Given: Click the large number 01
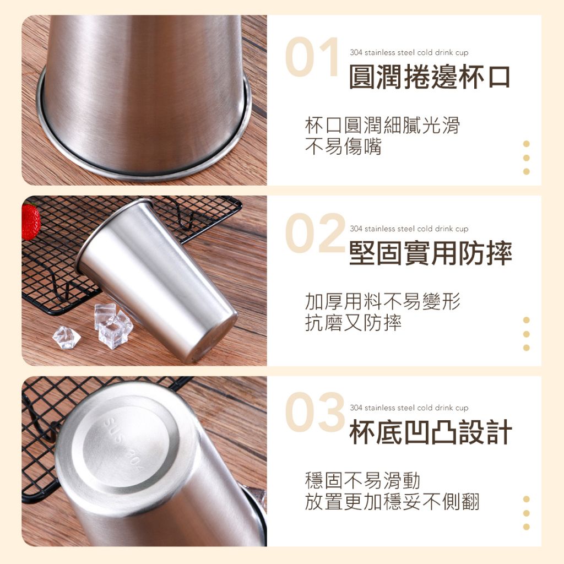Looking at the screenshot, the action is [312, 57].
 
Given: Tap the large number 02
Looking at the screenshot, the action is [315, 233].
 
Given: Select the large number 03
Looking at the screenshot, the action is [315, 412].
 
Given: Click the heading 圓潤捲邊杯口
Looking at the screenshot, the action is [430, 77].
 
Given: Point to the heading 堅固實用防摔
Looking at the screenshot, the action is [431, 253].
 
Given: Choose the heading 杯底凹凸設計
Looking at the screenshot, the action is [431, 432].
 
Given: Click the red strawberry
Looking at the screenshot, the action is [30, 221].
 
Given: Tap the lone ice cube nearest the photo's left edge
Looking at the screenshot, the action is [67, 337].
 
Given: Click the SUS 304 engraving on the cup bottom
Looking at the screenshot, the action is [124, 444].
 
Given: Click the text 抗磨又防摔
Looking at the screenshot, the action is [353, 322].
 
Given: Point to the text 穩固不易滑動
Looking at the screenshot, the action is [362, 480].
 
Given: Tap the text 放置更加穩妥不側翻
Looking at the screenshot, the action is [392, 502].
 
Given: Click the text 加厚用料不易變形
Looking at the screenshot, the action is [382, 301].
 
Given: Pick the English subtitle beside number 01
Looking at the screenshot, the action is [409, 52].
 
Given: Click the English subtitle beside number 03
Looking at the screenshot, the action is [409, 408].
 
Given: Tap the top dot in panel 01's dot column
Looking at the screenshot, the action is [526, 144].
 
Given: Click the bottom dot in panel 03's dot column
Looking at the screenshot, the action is [526, 527].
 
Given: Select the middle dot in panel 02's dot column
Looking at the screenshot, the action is [526, 334].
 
